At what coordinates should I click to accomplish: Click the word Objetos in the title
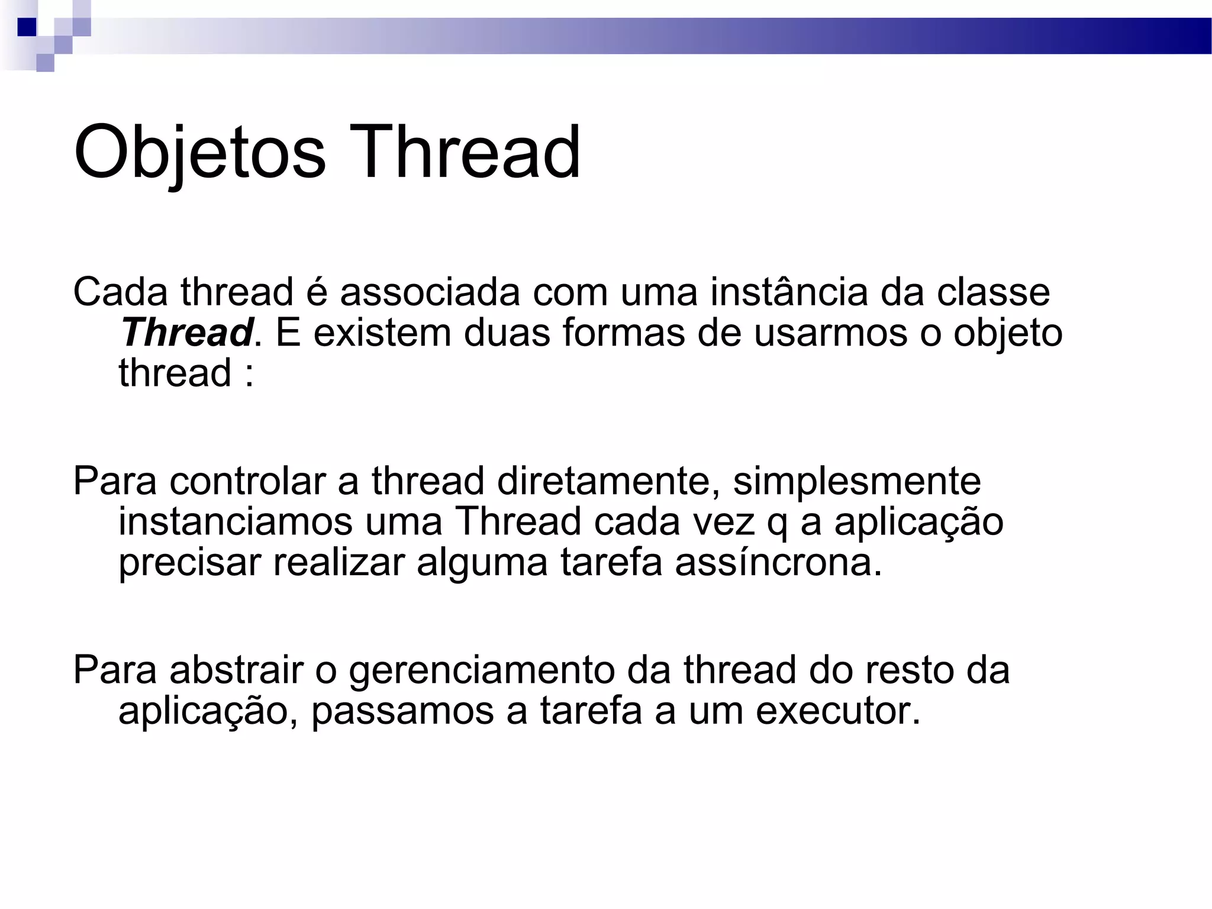pos(199,152)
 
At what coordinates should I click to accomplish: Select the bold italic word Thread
pos(187,333)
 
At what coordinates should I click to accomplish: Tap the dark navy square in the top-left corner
pos(27,27)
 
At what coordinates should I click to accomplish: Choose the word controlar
pos(247,481)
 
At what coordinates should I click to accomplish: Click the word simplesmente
pos(857,481)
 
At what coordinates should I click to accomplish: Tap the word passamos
pos(402,711)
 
